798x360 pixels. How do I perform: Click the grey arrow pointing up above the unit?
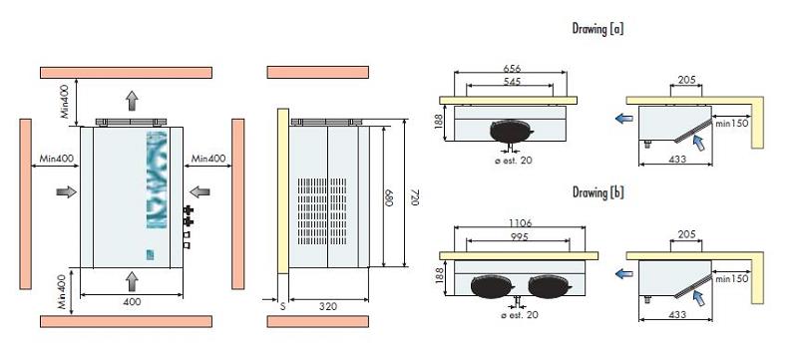[x=131, y=100]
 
